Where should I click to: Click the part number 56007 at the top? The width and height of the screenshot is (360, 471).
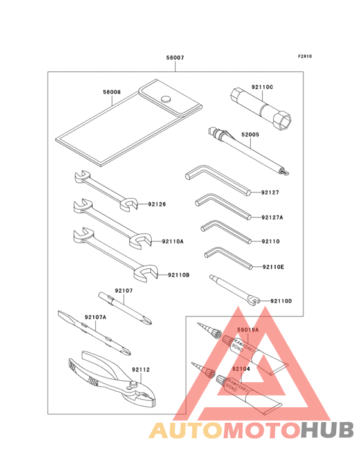point(175,57)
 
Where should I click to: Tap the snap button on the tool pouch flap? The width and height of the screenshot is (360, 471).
point(166,98)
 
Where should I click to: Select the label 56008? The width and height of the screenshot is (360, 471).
point(112,92)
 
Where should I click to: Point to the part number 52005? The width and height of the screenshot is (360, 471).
point(250,134)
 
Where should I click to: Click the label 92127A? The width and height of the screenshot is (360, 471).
point(272,217)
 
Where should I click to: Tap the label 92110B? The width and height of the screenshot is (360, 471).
point(179,275)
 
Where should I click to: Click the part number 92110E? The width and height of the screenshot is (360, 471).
point(273,267)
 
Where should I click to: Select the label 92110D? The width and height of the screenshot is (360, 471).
point(281,301)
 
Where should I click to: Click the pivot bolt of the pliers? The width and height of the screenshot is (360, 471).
point(134,384)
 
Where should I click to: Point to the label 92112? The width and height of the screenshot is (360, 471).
point(141,369)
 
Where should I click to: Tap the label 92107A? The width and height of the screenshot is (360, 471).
point(95,317)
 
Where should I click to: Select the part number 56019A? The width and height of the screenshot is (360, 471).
point(248,329)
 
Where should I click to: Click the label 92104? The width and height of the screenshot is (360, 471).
point(241,369)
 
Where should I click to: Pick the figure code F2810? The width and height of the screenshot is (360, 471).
point(305,56)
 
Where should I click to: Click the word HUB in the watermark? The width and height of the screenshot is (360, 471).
point(328,430)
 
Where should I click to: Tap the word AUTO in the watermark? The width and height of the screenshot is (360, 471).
point(186,430)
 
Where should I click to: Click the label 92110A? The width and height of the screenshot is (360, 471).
point(172,241)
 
